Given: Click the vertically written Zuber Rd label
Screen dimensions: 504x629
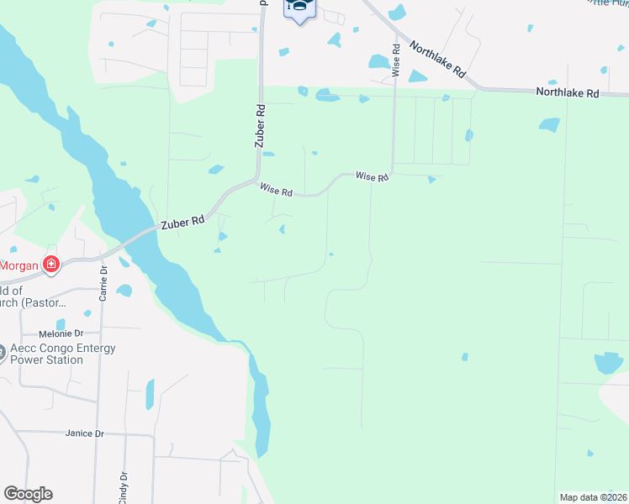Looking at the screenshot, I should click(260, 127).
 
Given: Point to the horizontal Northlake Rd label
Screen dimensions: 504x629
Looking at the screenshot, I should click(568, 93).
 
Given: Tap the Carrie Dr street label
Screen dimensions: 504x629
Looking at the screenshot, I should click(104, 283).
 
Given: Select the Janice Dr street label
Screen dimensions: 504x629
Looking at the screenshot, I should click(84, 433).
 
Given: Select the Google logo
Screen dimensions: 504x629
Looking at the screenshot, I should click(28, 494).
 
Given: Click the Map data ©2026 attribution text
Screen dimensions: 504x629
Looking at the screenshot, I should click(593, 497).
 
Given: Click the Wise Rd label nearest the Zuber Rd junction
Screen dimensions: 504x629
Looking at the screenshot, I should click(276, 192).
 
